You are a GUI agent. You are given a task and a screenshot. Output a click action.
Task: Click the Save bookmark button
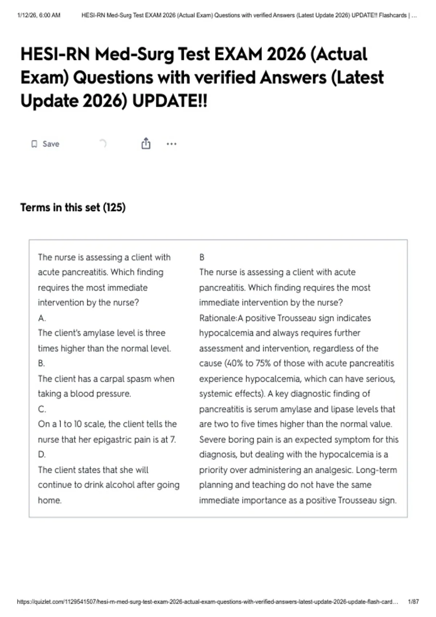click(x=45, y=144)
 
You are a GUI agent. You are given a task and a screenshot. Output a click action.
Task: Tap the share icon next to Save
click(x=146, y=144)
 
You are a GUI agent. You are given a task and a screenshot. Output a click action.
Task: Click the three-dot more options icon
click(x=171, y=144)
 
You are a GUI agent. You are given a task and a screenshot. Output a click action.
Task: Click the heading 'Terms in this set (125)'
click(x=73, y=208)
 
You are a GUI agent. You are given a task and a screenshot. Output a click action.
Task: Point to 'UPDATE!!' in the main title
click(x=170, y=101)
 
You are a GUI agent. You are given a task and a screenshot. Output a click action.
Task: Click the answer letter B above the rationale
click(x=202, y=257)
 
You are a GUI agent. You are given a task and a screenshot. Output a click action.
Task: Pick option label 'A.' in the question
click(x=42, y=318)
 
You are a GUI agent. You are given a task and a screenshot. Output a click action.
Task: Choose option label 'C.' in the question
click(x=42, y=409)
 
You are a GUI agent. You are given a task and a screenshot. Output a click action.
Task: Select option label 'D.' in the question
click(x=42, y=454)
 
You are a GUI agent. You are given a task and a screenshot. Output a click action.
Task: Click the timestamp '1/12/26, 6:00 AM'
click(x=39, y=15)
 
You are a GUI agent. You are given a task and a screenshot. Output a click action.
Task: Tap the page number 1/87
click(x=413, y=602)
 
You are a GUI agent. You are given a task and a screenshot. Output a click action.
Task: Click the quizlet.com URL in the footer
click(x=207, y=602)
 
